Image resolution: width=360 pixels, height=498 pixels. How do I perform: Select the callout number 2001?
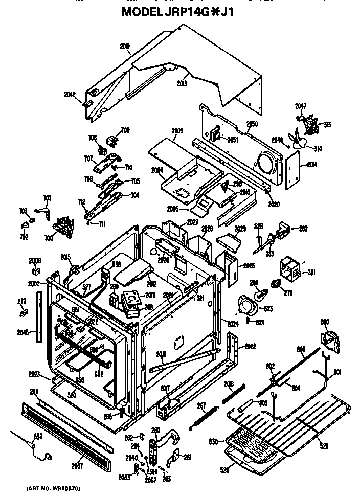click(x=125, y=47)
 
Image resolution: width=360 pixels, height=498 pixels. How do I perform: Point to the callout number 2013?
click(x=182, y=83)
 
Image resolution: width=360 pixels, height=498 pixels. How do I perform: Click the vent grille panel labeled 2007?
click(x=66, y=435)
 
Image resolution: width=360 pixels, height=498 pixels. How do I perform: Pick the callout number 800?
click(x=325, y=322)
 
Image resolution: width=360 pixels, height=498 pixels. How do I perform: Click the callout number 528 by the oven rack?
click(x=323, y=446)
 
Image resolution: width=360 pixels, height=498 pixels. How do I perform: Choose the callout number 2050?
click(x=252, y=124)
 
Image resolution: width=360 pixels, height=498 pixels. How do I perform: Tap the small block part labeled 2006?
click(x=36, y=270)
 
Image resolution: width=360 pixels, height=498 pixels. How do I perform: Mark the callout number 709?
click(x=125, y=130)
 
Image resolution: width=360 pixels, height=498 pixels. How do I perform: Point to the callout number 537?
click(x=24, y=436)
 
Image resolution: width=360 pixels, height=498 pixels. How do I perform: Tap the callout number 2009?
click(x=177, y=131)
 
